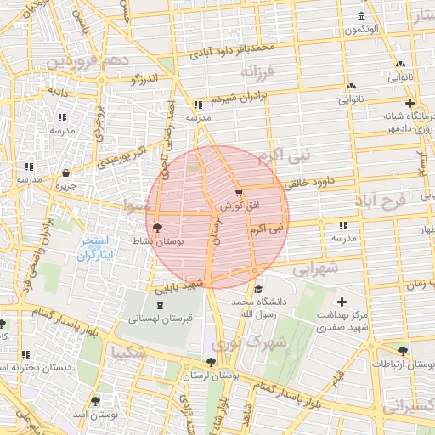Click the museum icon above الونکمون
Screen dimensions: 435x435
363,18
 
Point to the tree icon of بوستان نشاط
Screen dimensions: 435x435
156,227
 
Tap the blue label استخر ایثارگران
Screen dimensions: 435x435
95,249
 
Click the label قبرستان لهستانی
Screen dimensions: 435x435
157,319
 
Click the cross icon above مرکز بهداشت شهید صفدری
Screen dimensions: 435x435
342,302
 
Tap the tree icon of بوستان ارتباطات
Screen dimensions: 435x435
403,351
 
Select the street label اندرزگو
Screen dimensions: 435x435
144,80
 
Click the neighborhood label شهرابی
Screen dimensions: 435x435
316,268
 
